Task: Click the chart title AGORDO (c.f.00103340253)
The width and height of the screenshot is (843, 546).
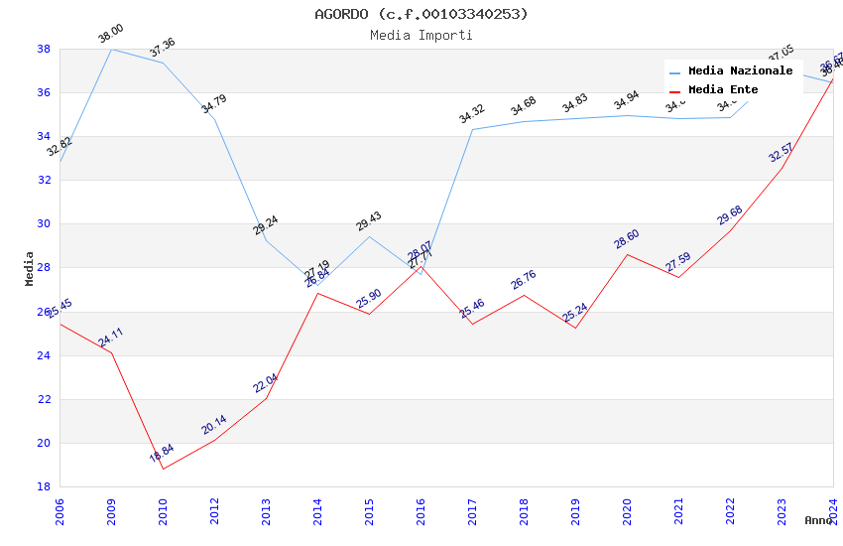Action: click(x=421, y=14)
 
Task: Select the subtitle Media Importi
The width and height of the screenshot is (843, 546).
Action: click(x=421, y=35)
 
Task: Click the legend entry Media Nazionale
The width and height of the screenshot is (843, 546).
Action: click(x=740, y=71)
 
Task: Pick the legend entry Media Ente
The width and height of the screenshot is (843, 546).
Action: click(x=723, y=90)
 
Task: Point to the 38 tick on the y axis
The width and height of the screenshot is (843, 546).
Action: click(x=44, y=49)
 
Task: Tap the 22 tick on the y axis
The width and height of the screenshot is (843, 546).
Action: click(x=44, y=399)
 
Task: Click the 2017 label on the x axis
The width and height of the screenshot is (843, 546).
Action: click(x=473, y=510)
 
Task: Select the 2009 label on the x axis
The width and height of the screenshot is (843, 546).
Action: click(x=112, y=510)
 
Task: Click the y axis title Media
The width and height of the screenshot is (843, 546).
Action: click(x=30, y=268)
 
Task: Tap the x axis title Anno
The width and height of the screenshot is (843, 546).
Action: click(x=818, y=520)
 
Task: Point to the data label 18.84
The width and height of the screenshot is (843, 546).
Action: click(x=162, y=454)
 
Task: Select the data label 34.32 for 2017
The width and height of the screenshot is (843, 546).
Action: click(x=471, y=114)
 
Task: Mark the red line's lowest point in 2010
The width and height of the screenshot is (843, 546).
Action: click(x=163, y=469)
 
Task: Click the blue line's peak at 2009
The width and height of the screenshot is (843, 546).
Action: click(x=111, y=49)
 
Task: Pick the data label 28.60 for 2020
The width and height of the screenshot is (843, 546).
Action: click(x=626, y=238)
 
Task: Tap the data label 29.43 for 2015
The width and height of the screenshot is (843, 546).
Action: click(x=368, y=220)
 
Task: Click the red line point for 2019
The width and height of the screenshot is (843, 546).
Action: click(x=575, y=328)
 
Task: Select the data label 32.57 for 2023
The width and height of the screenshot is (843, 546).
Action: click(x=781, y=152)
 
